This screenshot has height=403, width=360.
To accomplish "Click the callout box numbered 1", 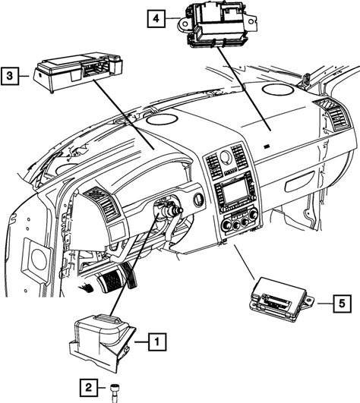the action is click(x=157, y=342).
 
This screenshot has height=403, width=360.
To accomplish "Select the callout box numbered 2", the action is click(x=89, y=388).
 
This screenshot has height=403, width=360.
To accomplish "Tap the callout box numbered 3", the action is click(x=10, y=76).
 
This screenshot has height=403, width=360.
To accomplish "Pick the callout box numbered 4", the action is click(x=156, y=18).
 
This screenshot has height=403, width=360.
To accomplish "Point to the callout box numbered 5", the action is click(x=342, y=304).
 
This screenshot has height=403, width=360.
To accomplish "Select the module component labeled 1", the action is click(x=102, y=343).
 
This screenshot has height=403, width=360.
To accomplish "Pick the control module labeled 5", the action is click(x=281, y=300).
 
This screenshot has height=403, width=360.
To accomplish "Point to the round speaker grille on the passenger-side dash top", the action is click(x=278, y=90).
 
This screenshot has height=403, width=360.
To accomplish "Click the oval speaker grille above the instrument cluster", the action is click(x=162, y=119).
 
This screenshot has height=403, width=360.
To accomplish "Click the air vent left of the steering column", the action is click(x=103, y=202).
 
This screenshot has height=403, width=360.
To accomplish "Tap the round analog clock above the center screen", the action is click(x=225, y=156).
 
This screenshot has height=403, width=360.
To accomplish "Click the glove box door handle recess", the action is click(x=298, y=182).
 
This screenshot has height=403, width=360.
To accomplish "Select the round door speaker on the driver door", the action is click(x=39, y=260).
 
